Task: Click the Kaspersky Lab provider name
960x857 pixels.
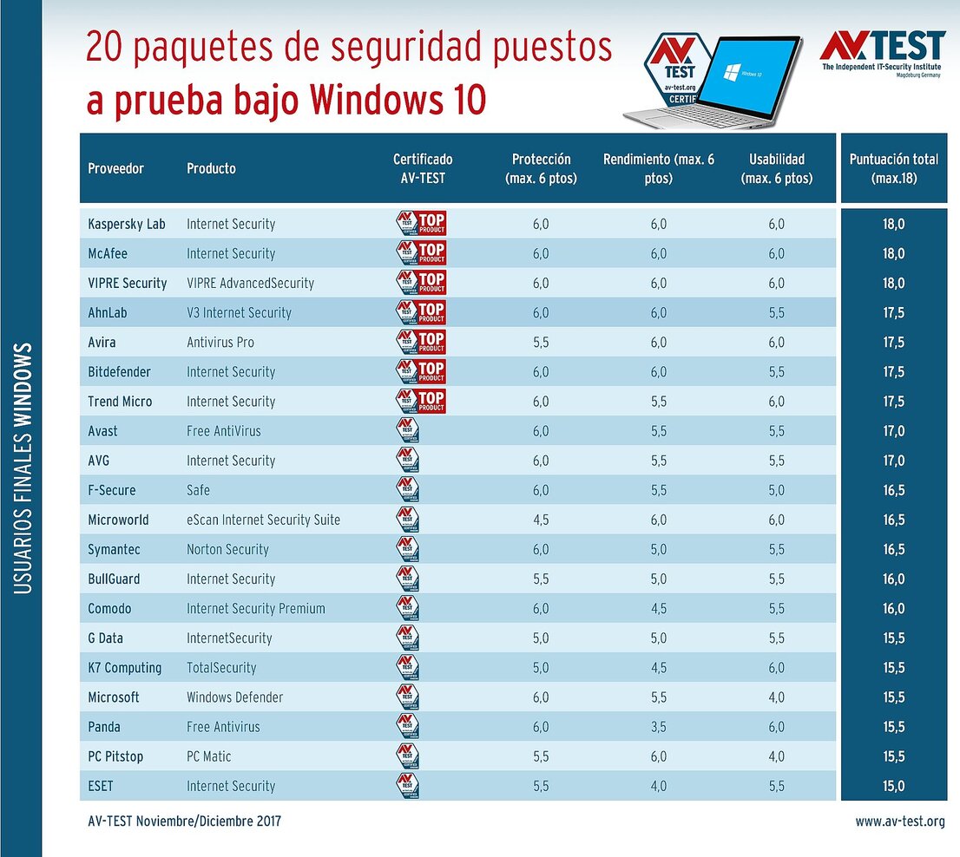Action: tap(126, 224)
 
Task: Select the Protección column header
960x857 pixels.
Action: tap(541, 168)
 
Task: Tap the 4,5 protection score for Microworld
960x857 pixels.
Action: tap(541, 520)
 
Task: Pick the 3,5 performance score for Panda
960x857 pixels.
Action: tap(659, 727)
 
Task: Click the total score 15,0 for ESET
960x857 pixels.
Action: tap(893, 786)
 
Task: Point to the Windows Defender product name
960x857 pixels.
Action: tap(234, 697)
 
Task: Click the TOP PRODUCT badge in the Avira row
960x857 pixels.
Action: tap(421, 342)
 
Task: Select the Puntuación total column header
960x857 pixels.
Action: tap(893, 168)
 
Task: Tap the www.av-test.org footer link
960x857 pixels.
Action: tap(899, 821)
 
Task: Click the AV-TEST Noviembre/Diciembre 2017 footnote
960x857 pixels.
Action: tap(184, 821)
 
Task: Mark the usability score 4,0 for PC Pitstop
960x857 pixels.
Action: tap(776, 756)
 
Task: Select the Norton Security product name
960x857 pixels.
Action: tap(227, 549)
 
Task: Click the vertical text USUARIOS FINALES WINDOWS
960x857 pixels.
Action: tap(23, 468)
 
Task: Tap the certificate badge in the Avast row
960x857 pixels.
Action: tap(407, 431)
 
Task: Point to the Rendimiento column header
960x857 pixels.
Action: tap(659, 168)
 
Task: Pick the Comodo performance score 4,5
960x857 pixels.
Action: tap(659, 609)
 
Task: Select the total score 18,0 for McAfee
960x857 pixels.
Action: tap(893, 253)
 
